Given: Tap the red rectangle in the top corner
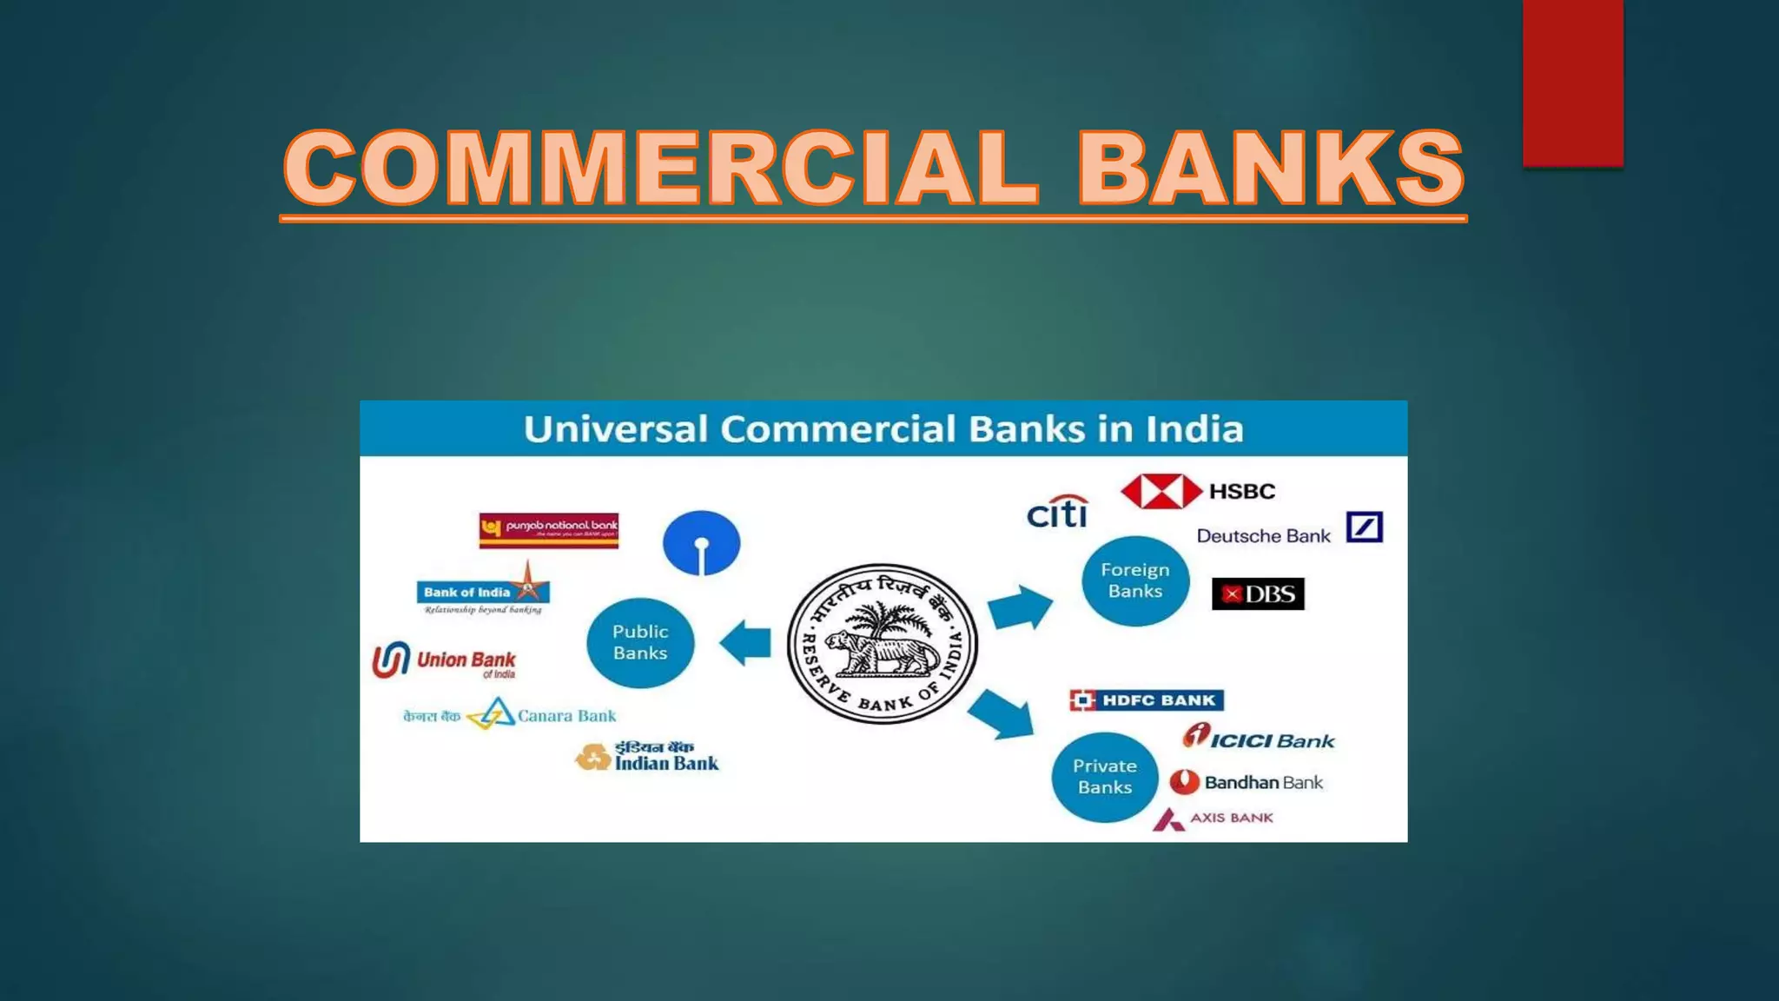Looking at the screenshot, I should (1572, 83).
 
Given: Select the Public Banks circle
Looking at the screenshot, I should (640, 643).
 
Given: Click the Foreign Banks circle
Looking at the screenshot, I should (1134, 580).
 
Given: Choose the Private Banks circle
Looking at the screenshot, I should (1104, 777).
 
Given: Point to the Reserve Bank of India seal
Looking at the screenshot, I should (882, 644).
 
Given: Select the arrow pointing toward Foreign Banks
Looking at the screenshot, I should (1020, 606).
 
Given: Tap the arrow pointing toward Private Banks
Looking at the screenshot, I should (1002, 714).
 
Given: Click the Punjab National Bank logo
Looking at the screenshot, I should (549, 530).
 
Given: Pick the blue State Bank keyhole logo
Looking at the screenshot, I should (701, 543).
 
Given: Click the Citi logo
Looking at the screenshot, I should (1057, 513).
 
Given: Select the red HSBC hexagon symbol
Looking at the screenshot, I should (1161, 492).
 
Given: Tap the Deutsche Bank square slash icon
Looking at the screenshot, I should (1364, 527).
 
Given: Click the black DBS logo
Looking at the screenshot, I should (1258, 594).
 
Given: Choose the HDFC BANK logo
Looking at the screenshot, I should (1147, 700).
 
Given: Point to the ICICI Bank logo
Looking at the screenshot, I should (1259, 738).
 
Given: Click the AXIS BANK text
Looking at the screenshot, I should (1231, 818).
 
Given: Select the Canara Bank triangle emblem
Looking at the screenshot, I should (493, 714).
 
